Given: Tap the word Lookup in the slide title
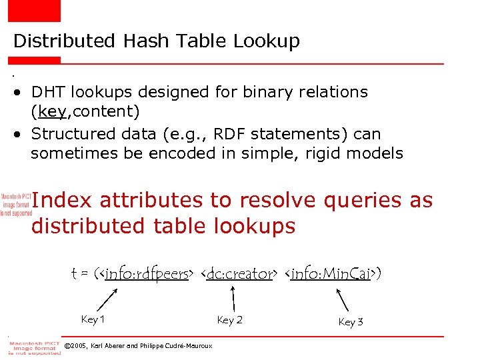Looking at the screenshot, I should (267, 42).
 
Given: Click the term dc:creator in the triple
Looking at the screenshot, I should (241, 273).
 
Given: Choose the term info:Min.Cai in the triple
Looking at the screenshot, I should (331, 273).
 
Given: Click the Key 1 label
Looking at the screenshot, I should (93, 319).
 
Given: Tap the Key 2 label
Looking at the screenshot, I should (230, 320).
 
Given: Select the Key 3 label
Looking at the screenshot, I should (351, 322).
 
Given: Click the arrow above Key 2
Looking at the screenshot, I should (233, 296).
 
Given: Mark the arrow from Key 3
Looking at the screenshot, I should (341, 299).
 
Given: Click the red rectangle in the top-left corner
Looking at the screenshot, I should (34, 10).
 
